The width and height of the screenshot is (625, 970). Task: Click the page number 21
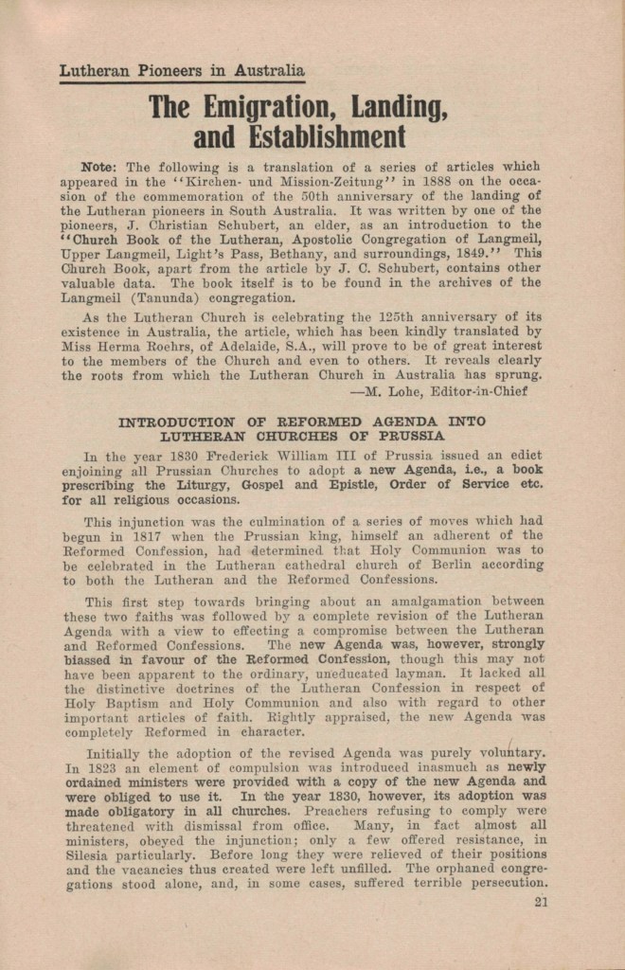point(541,901)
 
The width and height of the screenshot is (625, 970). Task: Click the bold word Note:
point(99,166)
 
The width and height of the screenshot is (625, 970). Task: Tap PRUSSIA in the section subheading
point(404,436)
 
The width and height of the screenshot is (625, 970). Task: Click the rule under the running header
point(182,82)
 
